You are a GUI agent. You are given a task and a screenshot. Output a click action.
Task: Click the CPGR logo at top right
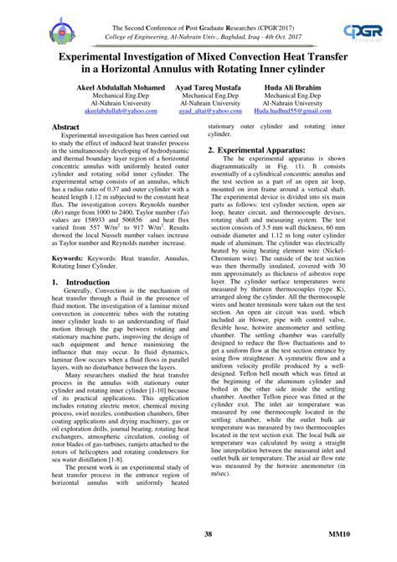click(x=363, y=33)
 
